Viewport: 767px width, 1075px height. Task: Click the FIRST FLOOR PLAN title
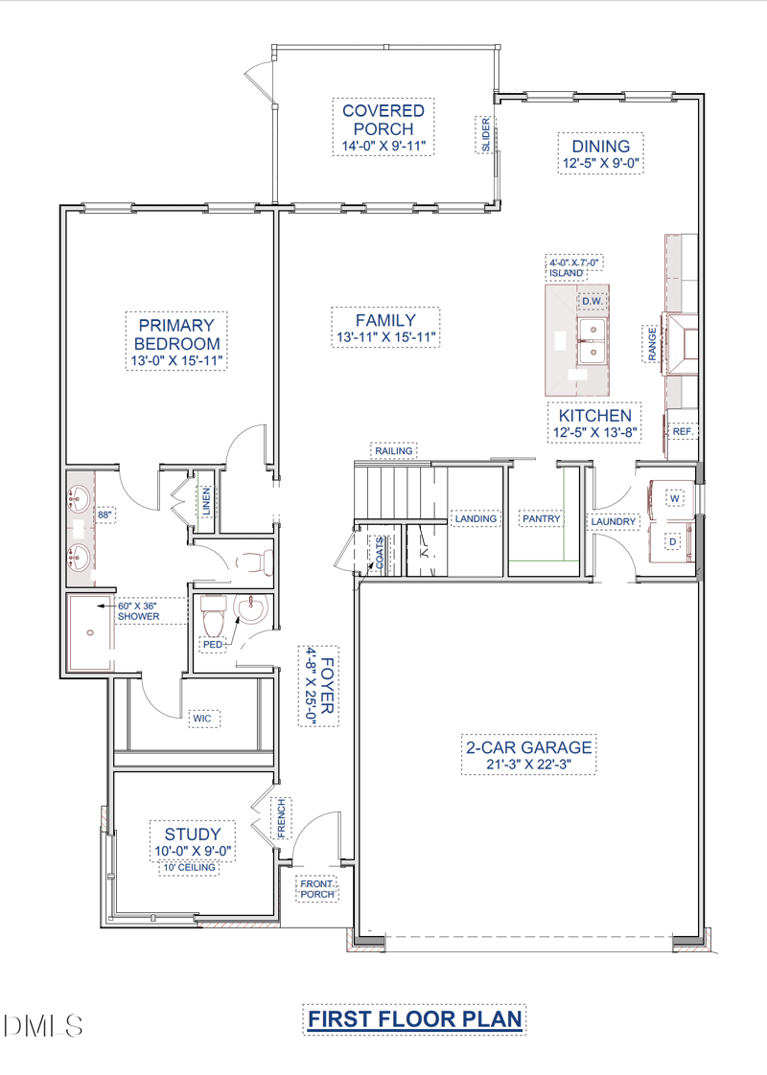coord(414,1019)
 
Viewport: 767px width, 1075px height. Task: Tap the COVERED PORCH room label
coord(383,120)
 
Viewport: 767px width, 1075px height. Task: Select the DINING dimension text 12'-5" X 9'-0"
coord(601,164)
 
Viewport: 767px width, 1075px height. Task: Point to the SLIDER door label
coord(486,135)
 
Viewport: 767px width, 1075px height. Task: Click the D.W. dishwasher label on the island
coord(593,301)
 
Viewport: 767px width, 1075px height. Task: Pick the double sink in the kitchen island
coord(591,340)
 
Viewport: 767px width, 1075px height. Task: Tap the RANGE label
coord(652,343)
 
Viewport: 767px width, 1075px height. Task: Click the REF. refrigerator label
coord(683,431)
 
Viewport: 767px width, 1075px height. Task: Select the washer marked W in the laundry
coord(673,498)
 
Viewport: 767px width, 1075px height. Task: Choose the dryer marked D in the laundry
coord(673,541)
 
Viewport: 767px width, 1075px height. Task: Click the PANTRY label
coord(542,519)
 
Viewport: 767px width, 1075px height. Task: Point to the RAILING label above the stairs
coord(394,451)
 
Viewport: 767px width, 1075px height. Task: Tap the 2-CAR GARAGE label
coord(529,746)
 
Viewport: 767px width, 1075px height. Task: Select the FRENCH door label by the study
coord(281,818)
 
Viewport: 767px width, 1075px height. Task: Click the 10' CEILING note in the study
coord(189,867)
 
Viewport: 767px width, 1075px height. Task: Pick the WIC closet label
coord(201,719)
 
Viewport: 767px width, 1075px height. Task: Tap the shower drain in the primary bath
coord(90,632)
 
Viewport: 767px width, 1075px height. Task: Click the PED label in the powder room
coord(213,645)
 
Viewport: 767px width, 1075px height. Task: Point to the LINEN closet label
coord(206,501)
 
